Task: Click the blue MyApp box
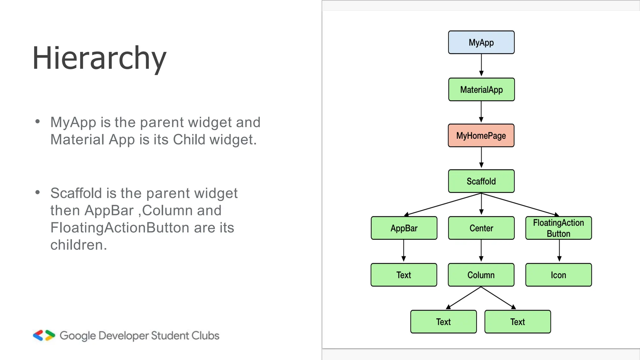pos(481,42)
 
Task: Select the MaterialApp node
pos(481,90)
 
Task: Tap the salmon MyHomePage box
pos(481,136)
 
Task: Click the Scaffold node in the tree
pos(481,181)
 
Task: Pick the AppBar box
pos(404,228)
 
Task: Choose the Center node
pos(481,228)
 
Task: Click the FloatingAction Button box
pos(558,228)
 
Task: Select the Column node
pos(481,275)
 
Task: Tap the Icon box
pos(558,275)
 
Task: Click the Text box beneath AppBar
pos(404,275)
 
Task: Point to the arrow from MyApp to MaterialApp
pos(481,65)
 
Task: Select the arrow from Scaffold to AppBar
pos(442,205)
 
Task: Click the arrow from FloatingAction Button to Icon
pos(559,251)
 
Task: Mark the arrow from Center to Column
pos(481,251)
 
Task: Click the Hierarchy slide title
pos(99,58)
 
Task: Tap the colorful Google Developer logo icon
pos(44,335)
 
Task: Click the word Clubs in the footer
pos(205,336)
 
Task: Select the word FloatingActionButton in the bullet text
pos(120,227)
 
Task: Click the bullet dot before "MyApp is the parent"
pos(38,122)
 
